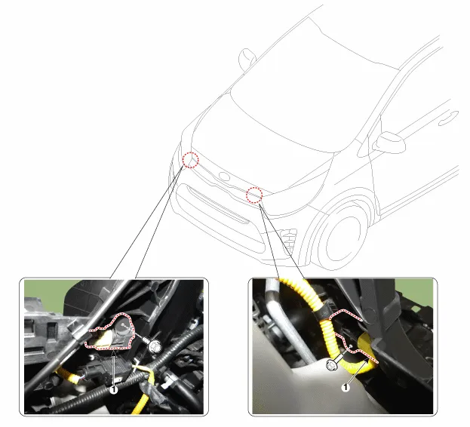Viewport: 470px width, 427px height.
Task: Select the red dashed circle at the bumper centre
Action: (x=254, y=188)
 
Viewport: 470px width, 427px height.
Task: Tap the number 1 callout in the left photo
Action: (x=113, y=390)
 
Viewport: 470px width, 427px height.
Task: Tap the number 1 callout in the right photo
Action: (x=346, y=388)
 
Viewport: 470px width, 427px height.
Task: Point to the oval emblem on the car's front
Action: (x=224, y=177)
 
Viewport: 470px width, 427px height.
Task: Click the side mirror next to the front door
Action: (x=391, y=141)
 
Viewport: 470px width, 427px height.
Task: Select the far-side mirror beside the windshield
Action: (x=247, y=58)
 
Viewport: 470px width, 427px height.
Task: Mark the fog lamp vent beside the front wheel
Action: (x=288, y=237)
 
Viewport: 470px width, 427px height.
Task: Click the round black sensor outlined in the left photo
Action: (x=124, y=326)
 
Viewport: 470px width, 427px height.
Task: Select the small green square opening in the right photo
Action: (x=415, y=309)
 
